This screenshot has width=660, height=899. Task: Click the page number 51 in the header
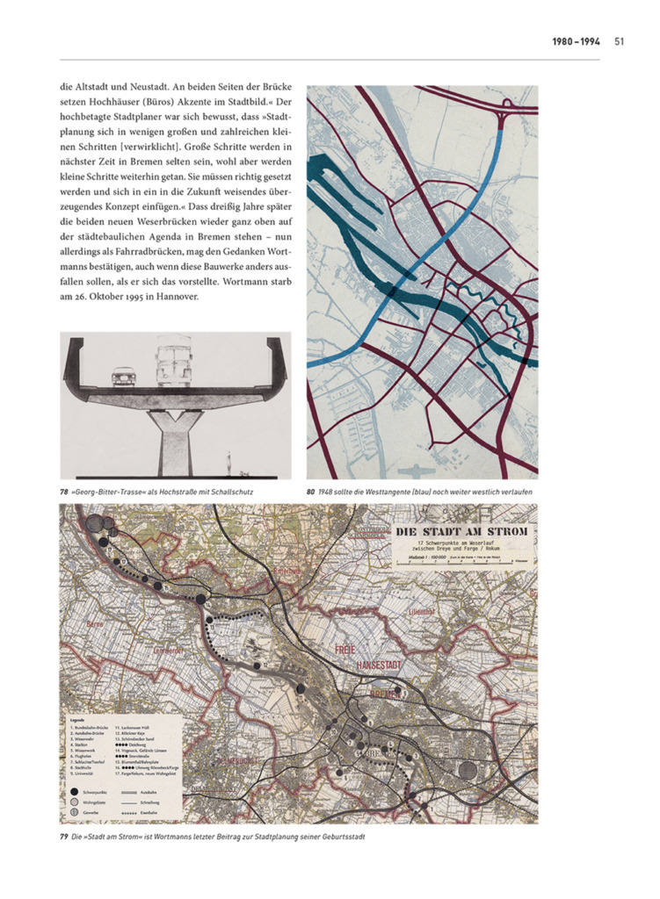coord(620,40)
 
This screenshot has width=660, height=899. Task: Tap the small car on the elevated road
coord(125,377)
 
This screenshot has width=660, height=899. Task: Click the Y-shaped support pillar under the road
coord(172,435)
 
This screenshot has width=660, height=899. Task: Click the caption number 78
coord(64,493)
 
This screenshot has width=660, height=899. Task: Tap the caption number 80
coord(311,493)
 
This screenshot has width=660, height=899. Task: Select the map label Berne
coord(95,624)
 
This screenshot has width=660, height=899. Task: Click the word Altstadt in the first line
coord(102,89)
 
